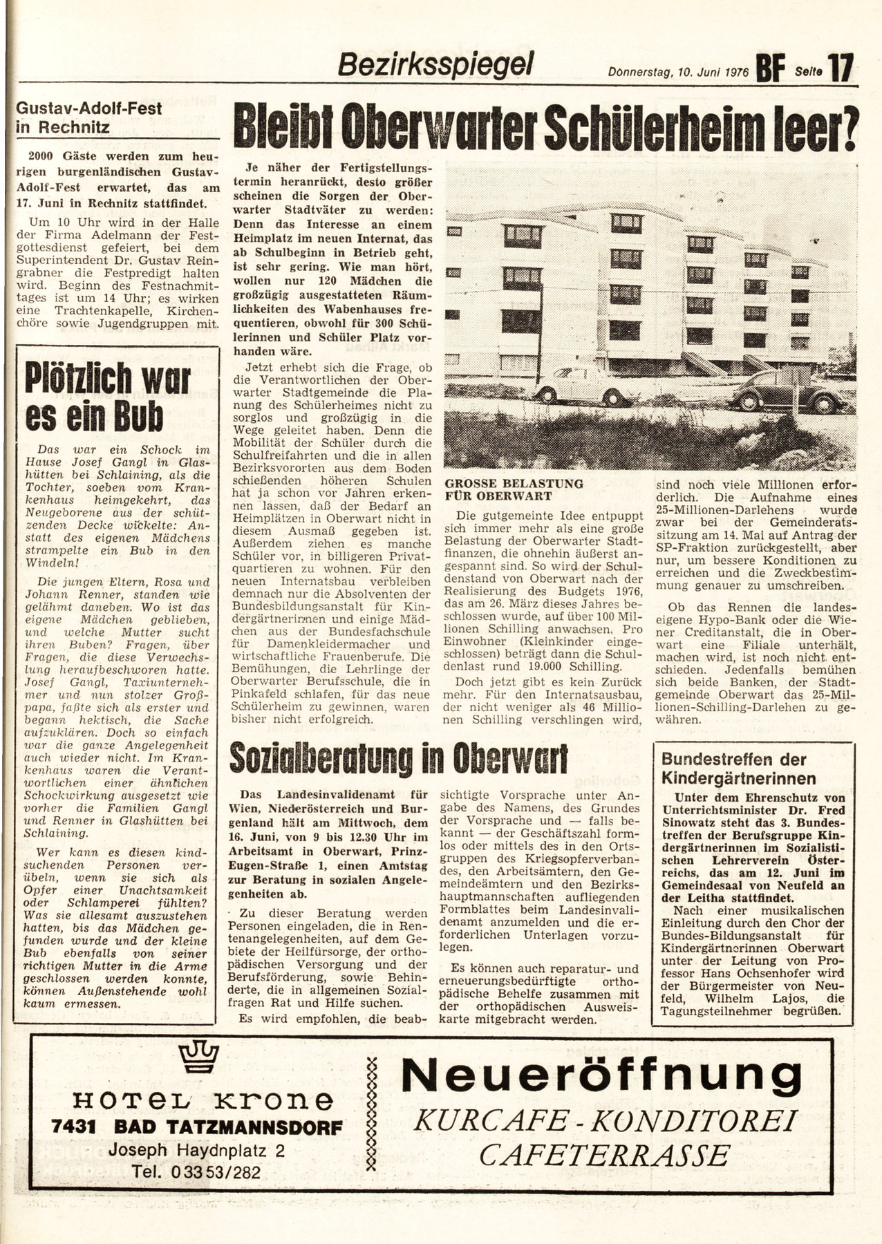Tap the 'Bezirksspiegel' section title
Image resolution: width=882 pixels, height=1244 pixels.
coord(435,65)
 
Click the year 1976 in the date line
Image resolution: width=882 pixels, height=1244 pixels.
coord(731,71)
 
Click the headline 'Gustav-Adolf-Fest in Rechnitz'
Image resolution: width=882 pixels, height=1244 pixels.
coord(90,117)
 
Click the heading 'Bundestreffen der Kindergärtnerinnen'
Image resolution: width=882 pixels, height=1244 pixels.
coord(733,768)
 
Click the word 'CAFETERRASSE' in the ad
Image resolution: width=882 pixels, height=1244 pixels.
coord(605,1155)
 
